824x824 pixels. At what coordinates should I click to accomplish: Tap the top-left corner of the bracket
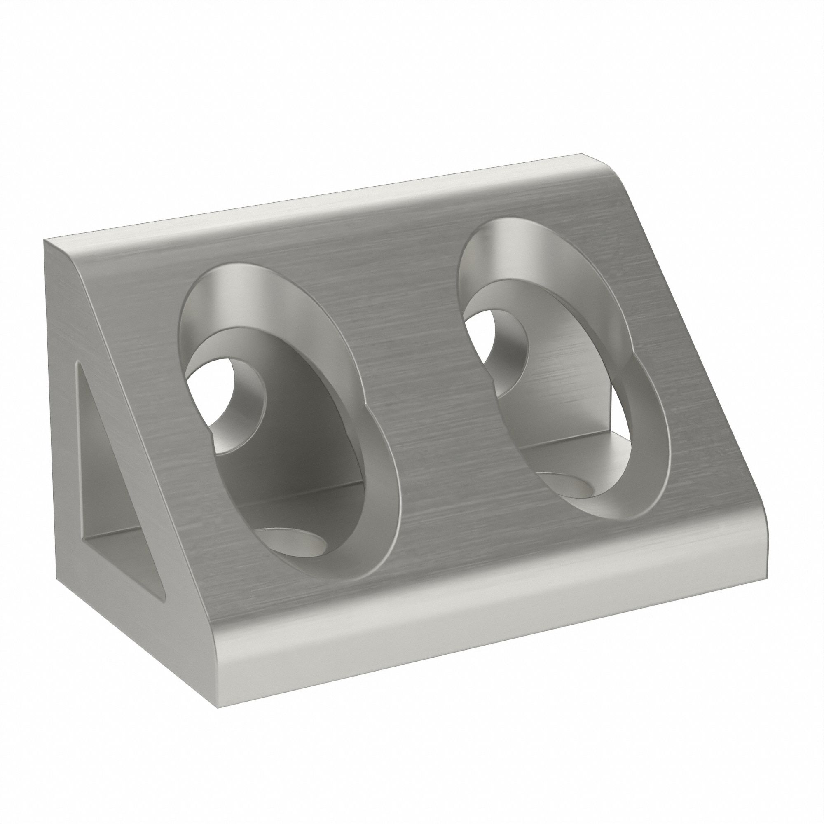click(x=45, y=240)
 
